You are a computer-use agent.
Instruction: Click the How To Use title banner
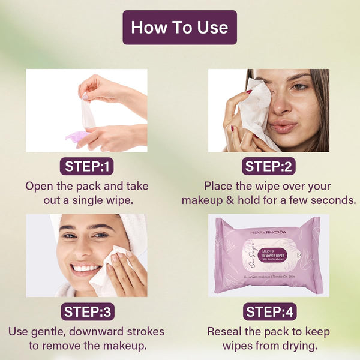(x=179, y=27)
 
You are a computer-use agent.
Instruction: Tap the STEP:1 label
(x=86, y=167)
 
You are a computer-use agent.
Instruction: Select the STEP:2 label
(x=268, y=167)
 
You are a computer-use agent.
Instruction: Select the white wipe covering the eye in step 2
(x=256, y=111)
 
